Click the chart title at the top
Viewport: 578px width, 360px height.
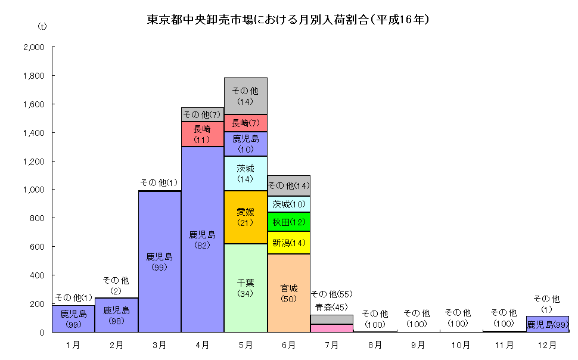pos(288,20)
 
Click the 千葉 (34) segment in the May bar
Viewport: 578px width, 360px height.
pos(246,288)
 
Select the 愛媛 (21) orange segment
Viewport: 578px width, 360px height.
pos(246,217)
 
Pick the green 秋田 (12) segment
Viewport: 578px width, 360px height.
pos(288,222)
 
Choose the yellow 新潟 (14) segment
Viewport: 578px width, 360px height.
pos(288,243)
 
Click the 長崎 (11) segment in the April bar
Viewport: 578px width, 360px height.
pos(203,134)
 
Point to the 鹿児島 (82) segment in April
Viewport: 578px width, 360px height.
pos(203,238)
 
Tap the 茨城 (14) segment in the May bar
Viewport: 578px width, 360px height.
pos(246,173)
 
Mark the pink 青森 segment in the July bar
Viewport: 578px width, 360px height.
pos(331,328)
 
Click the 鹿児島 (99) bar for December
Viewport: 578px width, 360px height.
pos(548,324)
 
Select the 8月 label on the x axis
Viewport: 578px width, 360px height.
pos(375,345)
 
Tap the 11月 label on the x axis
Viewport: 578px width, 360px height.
pos(504,345)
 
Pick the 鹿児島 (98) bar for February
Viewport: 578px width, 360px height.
pos(117,315)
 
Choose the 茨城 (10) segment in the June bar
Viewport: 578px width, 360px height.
pos(288,204)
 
